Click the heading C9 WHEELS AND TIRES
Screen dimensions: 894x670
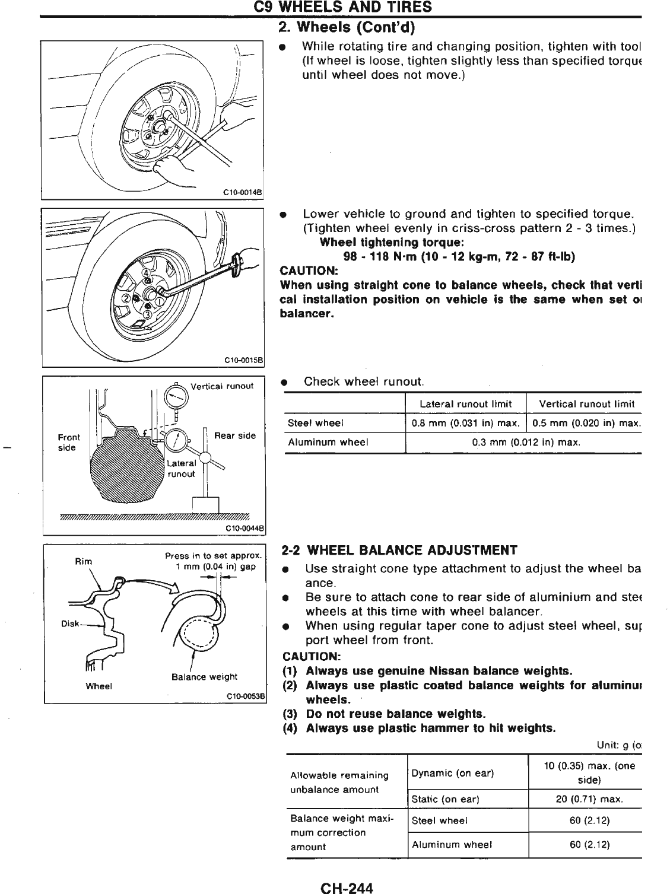coord(342,7)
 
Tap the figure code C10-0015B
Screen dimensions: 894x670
coord(243,359)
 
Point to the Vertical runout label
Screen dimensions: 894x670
coord(221,386)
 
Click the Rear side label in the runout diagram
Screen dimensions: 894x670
coord(234,435)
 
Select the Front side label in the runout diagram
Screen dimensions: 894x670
coord(68,443)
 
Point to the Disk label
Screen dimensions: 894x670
coord(69,623)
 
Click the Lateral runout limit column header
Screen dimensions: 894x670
coord(465,404)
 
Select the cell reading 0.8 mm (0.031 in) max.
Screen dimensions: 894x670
coord(466,423)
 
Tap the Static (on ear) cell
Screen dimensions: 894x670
coord(445,799)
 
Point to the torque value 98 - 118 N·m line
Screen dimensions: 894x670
coord(460,256)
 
